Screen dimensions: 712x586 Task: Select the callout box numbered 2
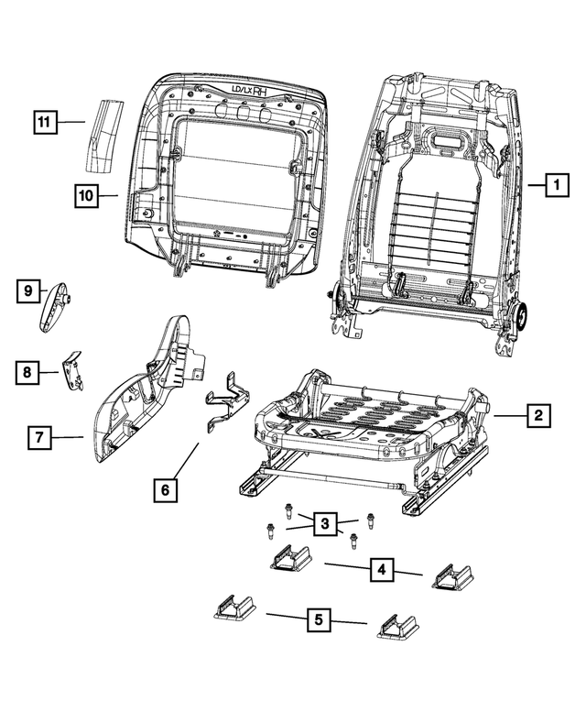538,416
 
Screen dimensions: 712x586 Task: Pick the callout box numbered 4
383,570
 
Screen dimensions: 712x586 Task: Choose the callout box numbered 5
318,620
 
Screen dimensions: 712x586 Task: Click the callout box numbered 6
164,491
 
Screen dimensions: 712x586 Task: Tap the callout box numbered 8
27,372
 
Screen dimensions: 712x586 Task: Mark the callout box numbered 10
85,195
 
